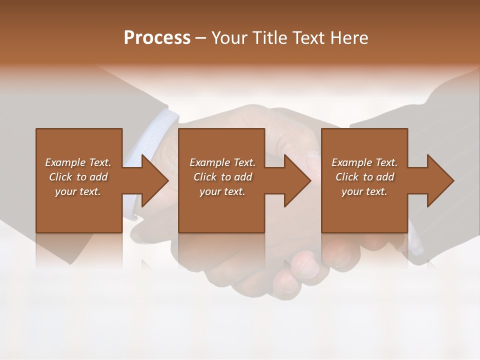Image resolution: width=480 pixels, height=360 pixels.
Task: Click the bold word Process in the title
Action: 157,38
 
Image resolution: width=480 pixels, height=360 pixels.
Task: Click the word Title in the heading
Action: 268,38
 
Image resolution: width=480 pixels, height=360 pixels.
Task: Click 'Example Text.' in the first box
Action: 78,162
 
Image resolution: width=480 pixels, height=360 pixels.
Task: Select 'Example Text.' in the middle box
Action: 222,162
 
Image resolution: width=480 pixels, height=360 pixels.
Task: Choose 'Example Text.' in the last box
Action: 364,162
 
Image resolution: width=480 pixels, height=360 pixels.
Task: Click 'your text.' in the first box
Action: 78,191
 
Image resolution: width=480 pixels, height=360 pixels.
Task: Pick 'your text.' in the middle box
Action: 222,191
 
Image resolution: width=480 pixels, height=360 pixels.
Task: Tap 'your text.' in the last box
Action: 364,191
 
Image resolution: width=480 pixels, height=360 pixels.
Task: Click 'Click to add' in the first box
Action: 78,177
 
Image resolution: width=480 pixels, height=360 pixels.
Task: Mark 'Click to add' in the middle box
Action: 222,177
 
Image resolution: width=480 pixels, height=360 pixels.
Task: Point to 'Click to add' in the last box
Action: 364,177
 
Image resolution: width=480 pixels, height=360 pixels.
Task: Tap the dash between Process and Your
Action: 201,38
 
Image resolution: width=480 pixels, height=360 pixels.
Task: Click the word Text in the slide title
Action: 308,38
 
